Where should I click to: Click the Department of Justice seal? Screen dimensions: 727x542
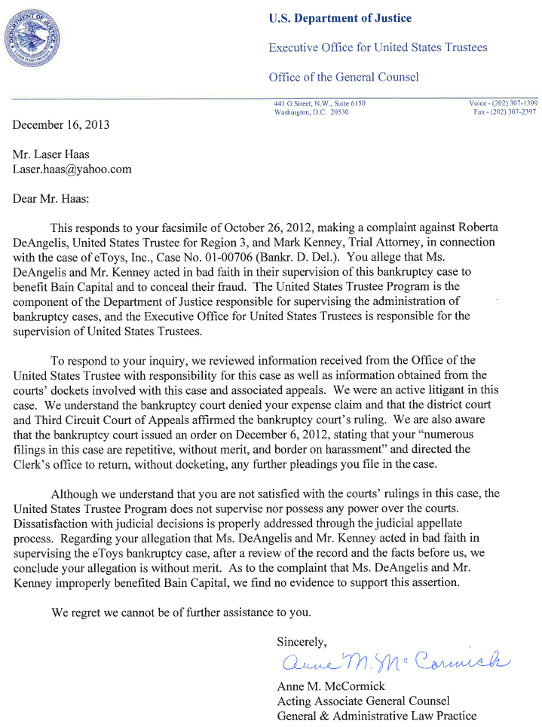point(34,35)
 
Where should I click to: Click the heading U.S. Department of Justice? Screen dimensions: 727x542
point(340,19)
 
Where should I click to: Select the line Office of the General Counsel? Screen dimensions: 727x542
point(344,77)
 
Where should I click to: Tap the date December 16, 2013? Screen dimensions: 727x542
point(61,125)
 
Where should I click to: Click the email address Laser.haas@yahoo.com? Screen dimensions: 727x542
point(72,169)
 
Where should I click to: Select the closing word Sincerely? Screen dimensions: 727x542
point(302,642)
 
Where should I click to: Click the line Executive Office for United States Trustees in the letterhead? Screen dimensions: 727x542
point(378,47)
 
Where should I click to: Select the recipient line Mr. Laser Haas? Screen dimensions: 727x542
point(51,154)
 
